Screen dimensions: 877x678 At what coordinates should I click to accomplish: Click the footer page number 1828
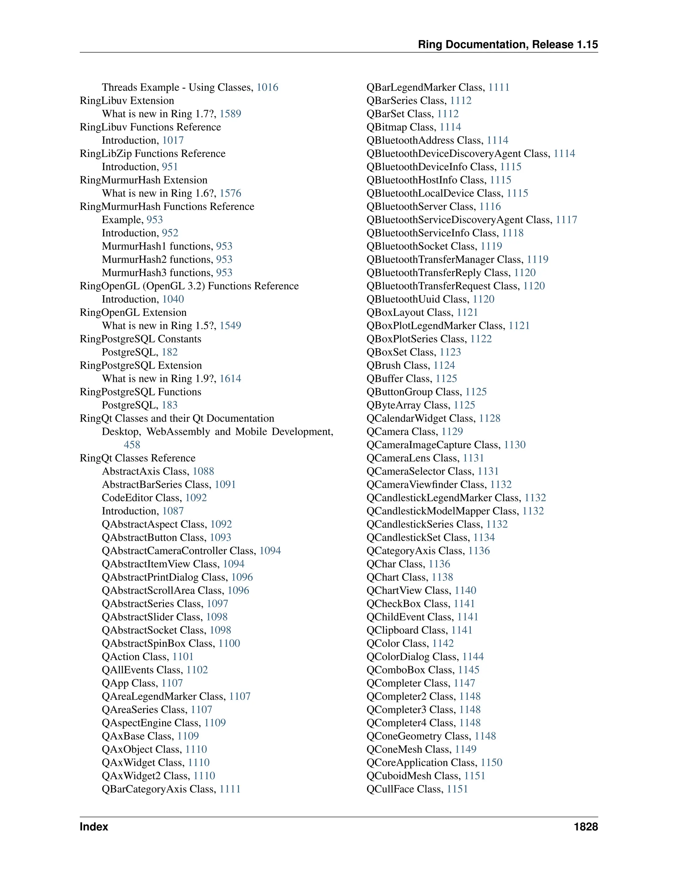pyautogui.click(x=586, y=826)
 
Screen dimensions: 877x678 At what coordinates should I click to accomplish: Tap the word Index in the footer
pyautogui.click(x=94, y=826)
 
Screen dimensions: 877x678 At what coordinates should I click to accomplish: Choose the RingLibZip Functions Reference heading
pyautogui.click(x=153, y=154)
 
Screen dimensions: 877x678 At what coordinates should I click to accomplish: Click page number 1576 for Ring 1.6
pyautogui.click(x=230, y=193)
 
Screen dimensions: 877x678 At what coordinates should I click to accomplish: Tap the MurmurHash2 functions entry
pyautogui.click(x=157, y=259)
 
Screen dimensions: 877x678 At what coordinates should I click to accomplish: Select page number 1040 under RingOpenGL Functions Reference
pyautogui.click(x=173, y=299)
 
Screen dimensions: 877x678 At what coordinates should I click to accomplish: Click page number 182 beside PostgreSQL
pyautogui.click(x=169, y=352)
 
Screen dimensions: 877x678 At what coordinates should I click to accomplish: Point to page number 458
pyautogui.click(x=132, y=444)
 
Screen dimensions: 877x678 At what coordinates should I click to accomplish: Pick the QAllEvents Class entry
pyautogui.click(x=143, y=670)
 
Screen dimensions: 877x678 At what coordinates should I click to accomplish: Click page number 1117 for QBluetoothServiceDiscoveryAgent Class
pyautogui.click(x=566, y=220)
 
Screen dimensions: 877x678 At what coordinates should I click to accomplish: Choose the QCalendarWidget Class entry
pyautogui.click(x=421, y=418)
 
